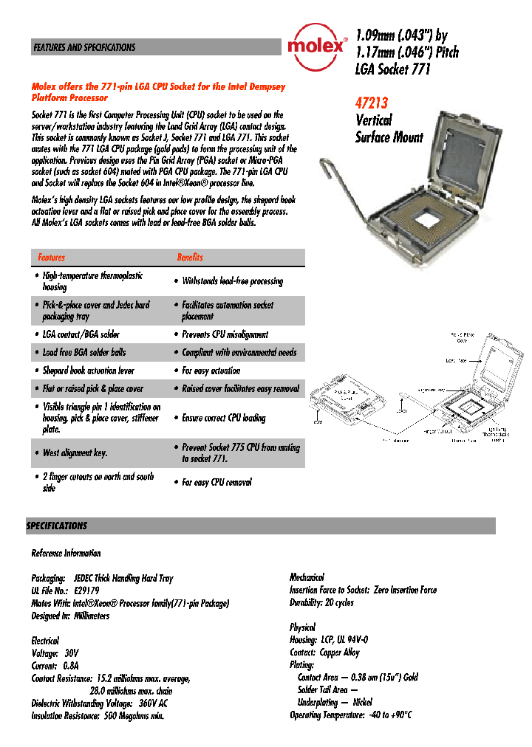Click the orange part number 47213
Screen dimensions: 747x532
372,103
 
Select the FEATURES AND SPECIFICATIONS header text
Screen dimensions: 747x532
83,47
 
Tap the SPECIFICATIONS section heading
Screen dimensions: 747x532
57,526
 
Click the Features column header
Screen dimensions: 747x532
52,258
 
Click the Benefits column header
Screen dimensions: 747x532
190,258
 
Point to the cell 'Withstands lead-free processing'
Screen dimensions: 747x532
232,281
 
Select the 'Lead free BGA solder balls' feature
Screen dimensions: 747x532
83,353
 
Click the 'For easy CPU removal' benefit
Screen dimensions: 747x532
216,482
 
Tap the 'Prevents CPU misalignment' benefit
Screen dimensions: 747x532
225,334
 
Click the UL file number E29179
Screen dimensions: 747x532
86,591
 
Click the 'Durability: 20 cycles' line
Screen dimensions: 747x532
321,602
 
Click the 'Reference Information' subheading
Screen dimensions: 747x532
66,553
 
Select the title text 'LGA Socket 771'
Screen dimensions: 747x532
392,69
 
